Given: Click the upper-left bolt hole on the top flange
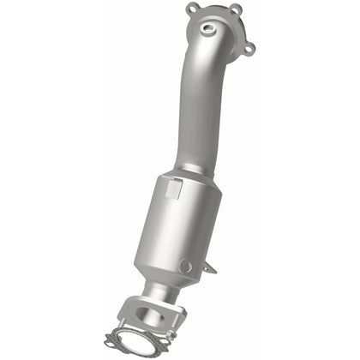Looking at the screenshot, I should [x=191, y=10].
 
